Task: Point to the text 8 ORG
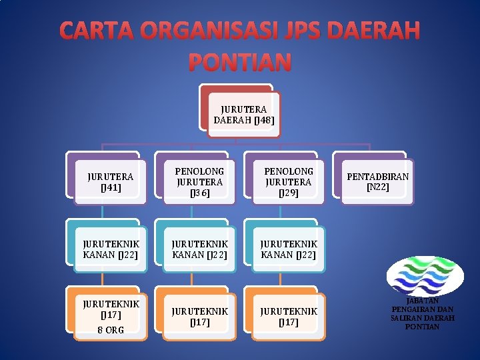[x=111, y=330]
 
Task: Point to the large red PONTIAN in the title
[x=240, y=62]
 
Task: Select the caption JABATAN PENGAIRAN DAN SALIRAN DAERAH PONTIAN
[x=423, y=314]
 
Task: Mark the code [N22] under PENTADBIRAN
[x=377, y=188]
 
